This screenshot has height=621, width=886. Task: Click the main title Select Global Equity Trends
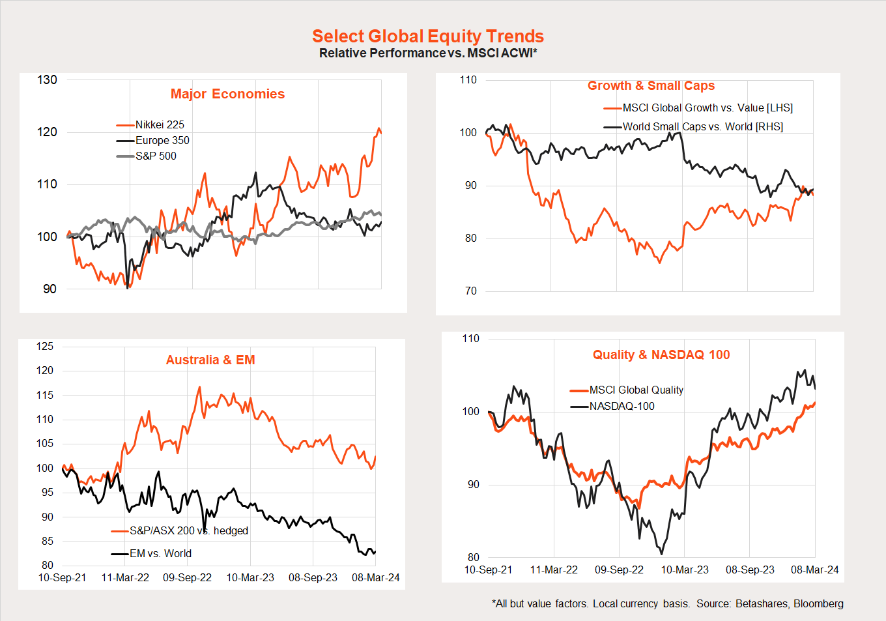pos(427,36)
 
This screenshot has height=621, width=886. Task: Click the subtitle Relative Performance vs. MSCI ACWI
pos(427,53)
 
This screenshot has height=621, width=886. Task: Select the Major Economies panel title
pos(227,94)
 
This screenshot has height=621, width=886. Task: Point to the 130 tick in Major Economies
pos(47,80)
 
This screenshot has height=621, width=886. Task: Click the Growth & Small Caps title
pos(651,85)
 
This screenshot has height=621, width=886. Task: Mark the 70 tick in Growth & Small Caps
pos(470,291)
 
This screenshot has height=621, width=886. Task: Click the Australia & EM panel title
pos(210,360)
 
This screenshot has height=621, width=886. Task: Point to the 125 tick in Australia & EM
pos(45,347)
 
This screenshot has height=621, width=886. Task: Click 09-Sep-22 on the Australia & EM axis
pos(187,578)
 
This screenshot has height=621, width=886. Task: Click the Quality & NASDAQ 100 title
pos(661,354)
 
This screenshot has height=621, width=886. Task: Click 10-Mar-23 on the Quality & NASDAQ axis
pos(685,570)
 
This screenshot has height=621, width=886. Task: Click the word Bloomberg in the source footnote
pos(818,604)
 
